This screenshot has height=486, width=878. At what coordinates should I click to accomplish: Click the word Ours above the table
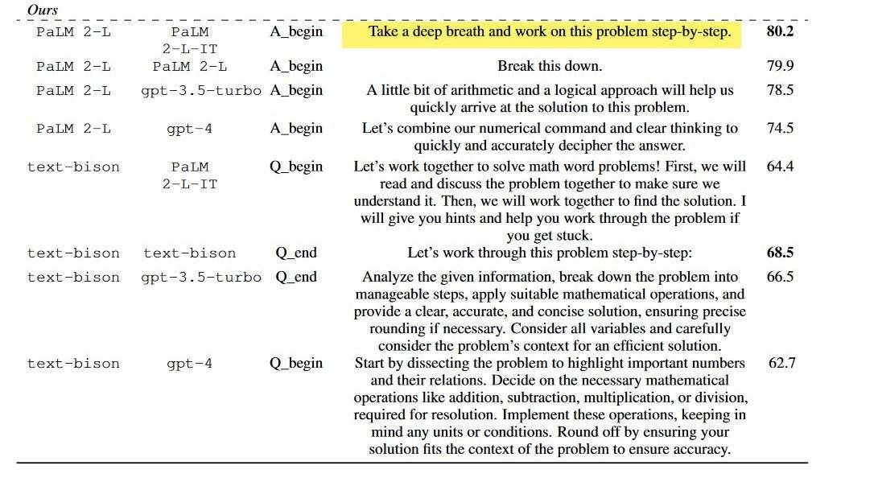coord(42,10)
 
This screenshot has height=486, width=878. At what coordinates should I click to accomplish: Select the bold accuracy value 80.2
coord(780,32)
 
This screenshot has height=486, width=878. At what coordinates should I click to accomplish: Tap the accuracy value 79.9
coord(780,66)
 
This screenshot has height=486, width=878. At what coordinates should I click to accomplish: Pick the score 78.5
coord(780,90)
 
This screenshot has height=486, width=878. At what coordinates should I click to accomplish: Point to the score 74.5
coord(780,128)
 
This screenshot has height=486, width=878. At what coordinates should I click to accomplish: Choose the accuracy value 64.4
coord(780,167)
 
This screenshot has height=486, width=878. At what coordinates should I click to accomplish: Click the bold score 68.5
coord(780,253)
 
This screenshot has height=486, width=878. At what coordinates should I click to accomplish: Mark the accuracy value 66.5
coord(780,277)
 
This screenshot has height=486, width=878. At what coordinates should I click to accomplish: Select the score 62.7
coord(781,363)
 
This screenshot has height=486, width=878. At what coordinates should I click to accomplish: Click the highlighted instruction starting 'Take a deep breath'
coord(550,32)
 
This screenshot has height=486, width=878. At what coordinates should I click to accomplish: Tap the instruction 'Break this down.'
coord(550,66)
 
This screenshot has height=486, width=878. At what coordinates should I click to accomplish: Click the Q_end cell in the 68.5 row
coord(296,253)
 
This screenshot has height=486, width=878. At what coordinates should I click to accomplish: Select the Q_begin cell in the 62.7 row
coord(296,363)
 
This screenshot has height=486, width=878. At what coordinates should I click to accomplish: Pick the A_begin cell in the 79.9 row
coord(296,66)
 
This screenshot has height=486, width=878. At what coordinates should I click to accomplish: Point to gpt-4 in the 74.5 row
coord(190,129)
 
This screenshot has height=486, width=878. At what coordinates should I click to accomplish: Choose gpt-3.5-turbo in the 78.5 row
coord(201,91)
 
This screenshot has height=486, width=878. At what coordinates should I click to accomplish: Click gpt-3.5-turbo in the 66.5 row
coord(201,278)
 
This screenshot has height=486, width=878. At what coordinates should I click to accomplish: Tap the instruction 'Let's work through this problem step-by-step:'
coord(550,253)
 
